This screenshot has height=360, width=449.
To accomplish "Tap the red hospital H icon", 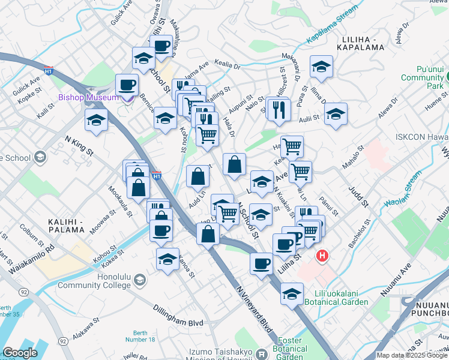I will [323, 256].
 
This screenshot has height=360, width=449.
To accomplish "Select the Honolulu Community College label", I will [94, 281].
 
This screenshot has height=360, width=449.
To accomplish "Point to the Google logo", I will [20, 353].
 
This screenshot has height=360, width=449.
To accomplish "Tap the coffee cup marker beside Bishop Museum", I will [127, 85].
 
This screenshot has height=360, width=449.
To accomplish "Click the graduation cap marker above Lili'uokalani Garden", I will [292, 295].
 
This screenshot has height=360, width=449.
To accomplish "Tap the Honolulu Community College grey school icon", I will [139, 280].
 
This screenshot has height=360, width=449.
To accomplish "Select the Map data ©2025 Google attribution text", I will [412, 355].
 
